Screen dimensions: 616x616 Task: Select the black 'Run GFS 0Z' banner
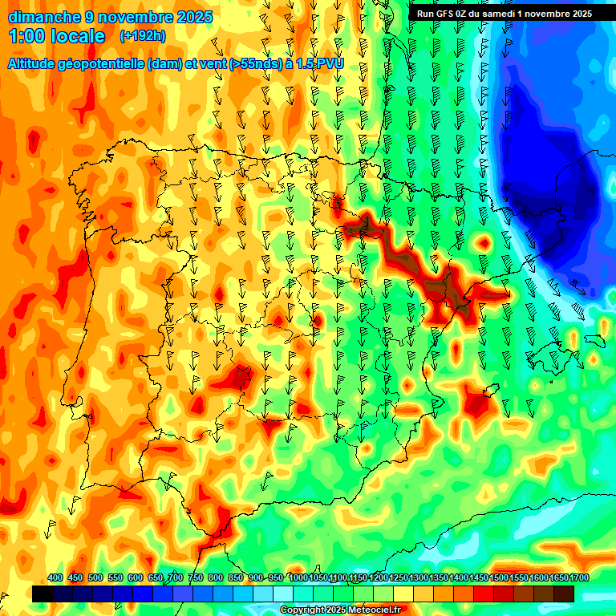tap(504, 13)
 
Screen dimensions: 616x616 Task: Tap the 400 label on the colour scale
tap(55, 578)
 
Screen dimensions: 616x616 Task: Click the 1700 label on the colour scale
tap(559, 578)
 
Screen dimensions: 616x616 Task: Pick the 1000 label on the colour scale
tap(298, 578)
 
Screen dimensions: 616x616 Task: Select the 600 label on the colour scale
tap(136, 578)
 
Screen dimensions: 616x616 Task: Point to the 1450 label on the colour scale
tap(479, 578)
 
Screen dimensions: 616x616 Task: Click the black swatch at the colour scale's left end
tap(43, 594)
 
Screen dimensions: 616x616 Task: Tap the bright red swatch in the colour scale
tap(484, 594)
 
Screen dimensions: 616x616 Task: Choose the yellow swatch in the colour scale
tap(403, 594)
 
